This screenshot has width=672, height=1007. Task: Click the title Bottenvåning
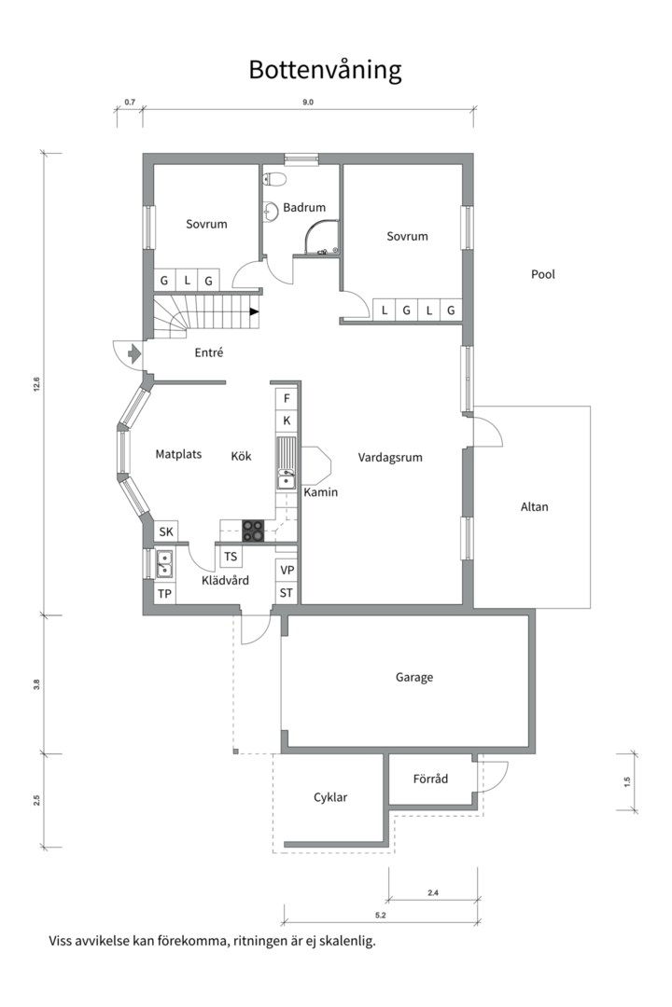pyautogui.click(x=325, y=70)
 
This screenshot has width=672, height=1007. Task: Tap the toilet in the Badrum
pyautogui.click(x=274, y=179)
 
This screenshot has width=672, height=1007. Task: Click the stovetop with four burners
pyautogui.click(x=253, y=531)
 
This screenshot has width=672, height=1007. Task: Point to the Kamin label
pyautogui.click(x=320, y=492)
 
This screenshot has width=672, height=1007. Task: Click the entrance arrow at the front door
pyautogui.click(x=133, y=352)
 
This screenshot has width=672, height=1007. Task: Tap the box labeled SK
pyautogui.click(x=166, y=531)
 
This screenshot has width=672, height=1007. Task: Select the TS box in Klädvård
pyautogui.click(x=231, y=557)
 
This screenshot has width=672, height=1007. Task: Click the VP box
pyautogui.click(x=287, y=571)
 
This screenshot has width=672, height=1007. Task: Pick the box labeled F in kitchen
pyautogui.click(x=287, y=399)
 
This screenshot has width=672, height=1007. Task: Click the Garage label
pyautogui.click(x=414, y=677)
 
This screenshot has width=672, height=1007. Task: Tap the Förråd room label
pyautogui.click(x=430, y=779)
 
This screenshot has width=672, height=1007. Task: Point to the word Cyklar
pyautogui.click(x=330, y=797)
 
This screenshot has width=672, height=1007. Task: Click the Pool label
pyautogui.click(x=543, y=274)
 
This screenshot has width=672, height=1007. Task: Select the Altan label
pyautogui.click(x=535, y=506)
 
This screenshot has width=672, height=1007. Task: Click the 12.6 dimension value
pyautogui.click(x=36, y=384)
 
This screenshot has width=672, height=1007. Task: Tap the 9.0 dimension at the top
pyautogui.click(x=308, y=103)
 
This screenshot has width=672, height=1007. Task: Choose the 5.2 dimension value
pyautogui.click(x=380, y=916)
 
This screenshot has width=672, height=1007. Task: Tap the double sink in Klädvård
pyautogui.click(x=164, y=564)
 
